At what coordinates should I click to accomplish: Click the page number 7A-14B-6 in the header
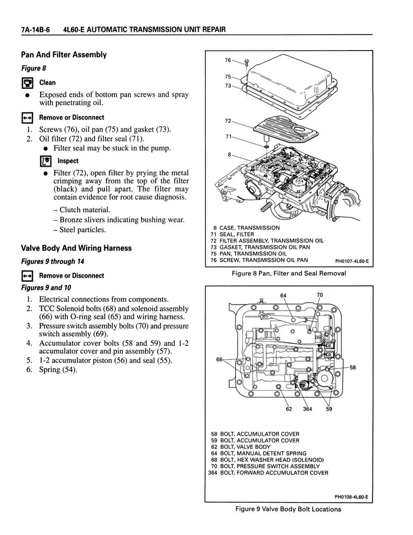[36, 30]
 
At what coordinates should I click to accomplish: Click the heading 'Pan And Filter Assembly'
[64, 54]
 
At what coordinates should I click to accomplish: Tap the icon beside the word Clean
[27, 83]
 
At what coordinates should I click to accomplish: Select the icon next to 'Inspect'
[45, 161]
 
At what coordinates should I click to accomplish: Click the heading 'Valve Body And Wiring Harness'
[76, 248]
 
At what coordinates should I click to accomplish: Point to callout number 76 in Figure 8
[228, 61]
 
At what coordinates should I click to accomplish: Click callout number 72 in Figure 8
[228, 121]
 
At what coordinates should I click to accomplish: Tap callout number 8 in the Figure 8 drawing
[230, 155]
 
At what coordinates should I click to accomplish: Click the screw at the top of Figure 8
[246, 63]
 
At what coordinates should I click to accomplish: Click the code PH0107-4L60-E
[352, 262]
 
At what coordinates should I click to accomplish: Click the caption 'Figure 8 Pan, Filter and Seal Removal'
[289, 273]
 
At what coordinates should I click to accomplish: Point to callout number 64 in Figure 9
[284, 296]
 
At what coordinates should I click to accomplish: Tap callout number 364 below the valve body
[308, 409]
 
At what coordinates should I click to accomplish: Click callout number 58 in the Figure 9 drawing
[352, 367]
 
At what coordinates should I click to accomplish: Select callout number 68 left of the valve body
[220, 359]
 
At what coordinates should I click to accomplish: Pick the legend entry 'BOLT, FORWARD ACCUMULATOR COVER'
[268, 473]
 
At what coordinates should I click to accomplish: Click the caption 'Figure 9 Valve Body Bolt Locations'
[288, 509]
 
